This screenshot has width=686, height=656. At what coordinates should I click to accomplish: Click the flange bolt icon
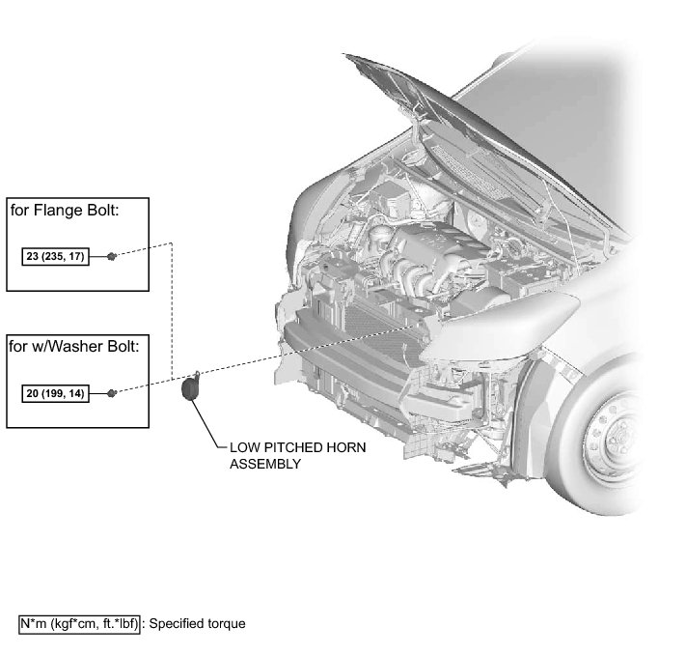(x=112, y=256)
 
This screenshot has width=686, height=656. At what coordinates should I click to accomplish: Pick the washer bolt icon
(x=112, y=392)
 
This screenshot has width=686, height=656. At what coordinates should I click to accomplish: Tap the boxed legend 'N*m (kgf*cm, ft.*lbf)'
(x=79, y=624)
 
